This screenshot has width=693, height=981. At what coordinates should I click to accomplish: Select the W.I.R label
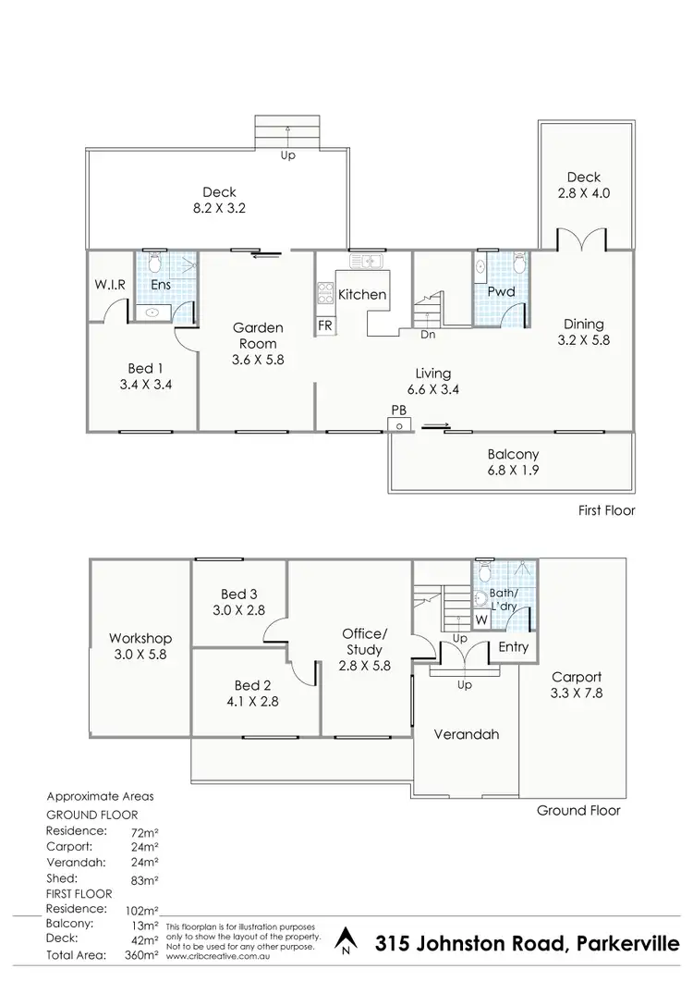pyautogui.click(x=110, y=285)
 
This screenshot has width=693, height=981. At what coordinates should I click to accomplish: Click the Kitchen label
pyautogui.click(x=361, y=295)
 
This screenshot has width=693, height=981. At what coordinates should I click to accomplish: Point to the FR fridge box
pyautogui.click(x=325, y=325)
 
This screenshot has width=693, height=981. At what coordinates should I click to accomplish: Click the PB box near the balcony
pyautogui.click(x=399, y=423)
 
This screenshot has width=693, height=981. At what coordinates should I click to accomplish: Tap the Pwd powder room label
pyautogui.click(x=500, y=292)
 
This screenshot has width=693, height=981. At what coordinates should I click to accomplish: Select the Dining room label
pyautogui.click(x=583, y=331)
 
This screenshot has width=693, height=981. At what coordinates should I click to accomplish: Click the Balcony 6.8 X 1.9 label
pyautogui.click(x=513, y=461)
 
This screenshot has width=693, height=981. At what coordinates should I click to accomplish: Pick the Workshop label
pyautogui.click(x=140, y=646)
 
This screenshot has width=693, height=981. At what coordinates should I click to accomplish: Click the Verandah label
pyautogui.click(x=467, y=734)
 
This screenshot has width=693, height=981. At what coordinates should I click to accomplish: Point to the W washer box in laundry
pyautogui.click(x=481, y=620)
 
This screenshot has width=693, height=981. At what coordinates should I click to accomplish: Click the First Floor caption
pyautogui.click(x=606, y=510)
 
